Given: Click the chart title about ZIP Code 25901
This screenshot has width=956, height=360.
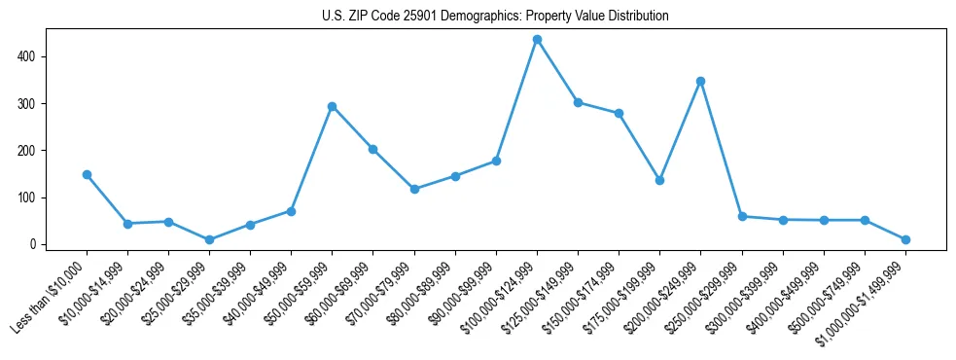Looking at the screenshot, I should point(495,17).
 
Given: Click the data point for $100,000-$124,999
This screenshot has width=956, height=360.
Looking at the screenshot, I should point(537,40).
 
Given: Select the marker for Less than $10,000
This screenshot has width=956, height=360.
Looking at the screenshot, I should point(87,175).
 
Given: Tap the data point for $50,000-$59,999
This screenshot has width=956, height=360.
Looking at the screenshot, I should point(333,106).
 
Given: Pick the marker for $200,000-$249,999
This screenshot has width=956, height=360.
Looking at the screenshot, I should point(700,82).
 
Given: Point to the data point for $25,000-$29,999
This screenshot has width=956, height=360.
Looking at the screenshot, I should point(209,239).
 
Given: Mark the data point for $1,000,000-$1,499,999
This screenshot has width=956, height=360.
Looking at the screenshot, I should point(905,239).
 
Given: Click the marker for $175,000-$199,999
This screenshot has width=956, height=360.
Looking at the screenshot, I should point(659,180).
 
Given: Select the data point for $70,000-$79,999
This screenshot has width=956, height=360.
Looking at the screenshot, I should point(414,189).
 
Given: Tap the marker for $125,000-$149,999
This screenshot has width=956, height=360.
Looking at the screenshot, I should point(578,102).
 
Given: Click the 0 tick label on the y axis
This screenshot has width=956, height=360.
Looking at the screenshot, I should point(32,244).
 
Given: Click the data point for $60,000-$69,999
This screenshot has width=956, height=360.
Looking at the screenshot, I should point(373,150).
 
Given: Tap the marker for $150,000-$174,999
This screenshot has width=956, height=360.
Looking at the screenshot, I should point(619,114).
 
